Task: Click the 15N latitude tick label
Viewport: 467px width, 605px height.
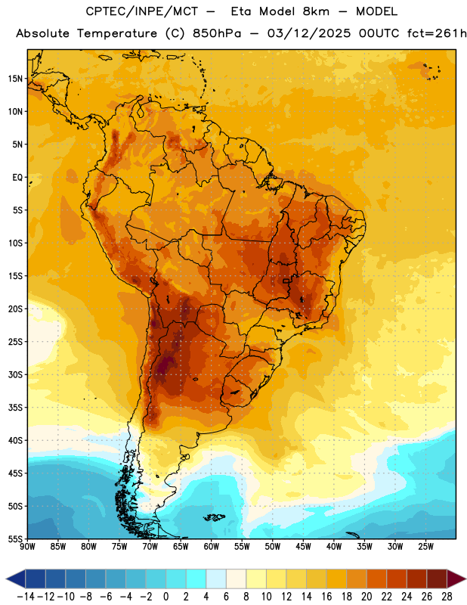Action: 15,79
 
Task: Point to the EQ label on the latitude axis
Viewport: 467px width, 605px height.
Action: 17,178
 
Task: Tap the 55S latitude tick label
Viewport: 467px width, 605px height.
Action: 15,538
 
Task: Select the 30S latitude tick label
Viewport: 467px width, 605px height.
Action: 15,374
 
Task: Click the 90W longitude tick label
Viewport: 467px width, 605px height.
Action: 27,547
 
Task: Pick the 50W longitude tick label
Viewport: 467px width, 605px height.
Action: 273,547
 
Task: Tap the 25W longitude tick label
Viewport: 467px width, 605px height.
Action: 425,547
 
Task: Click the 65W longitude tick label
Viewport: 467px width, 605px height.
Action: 181,547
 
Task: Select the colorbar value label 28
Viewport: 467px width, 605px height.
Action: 447,597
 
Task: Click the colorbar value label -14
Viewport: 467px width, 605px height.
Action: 26,597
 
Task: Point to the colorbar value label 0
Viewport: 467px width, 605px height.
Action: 166,597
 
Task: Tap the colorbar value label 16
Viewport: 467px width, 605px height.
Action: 326,597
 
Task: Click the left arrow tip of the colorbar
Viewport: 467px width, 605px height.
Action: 6,579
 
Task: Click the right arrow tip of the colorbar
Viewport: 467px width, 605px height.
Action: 466,579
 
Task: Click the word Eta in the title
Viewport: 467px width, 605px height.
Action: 241,11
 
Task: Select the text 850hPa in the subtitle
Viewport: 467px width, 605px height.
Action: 217,33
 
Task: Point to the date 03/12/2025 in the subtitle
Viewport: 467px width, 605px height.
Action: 309,33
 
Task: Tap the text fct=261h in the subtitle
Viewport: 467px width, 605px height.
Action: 437,33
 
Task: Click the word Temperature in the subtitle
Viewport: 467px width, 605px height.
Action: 117,34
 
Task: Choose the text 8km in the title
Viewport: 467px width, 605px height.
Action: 316,11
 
